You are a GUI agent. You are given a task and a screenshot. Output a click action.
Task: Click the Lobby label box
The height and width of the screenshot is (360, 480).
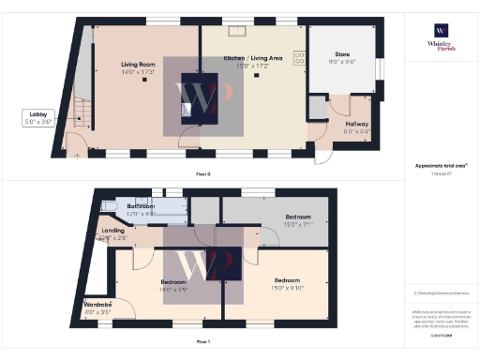tap(38, 117)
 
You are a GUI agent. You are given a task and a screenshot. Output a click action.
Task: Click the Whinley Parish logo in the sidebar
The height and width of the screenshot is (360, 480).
tap(442, 37)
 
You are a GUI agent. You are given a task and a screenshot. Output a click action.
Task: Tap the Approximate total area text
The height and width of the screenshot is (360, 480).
tap(442, 166)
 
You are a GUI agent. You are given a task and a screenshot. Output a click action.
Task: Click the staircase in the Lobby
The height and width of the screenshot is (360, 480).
tap(83, 112)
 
